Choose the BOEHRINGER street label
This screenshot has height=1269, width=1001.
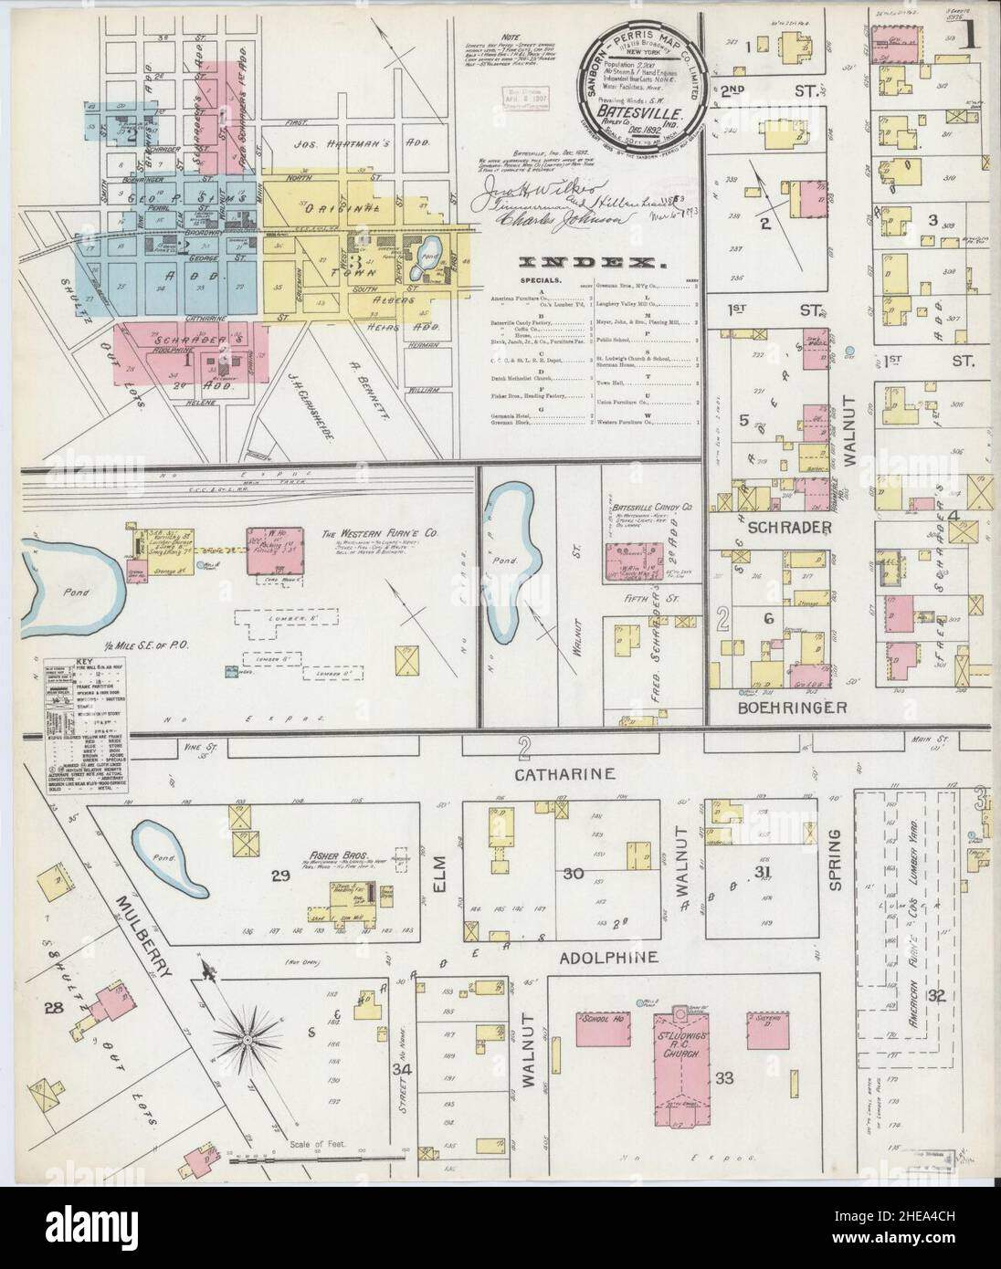(786, 708)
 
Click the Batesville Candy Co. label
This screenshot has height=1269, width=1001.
(649, 505)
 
